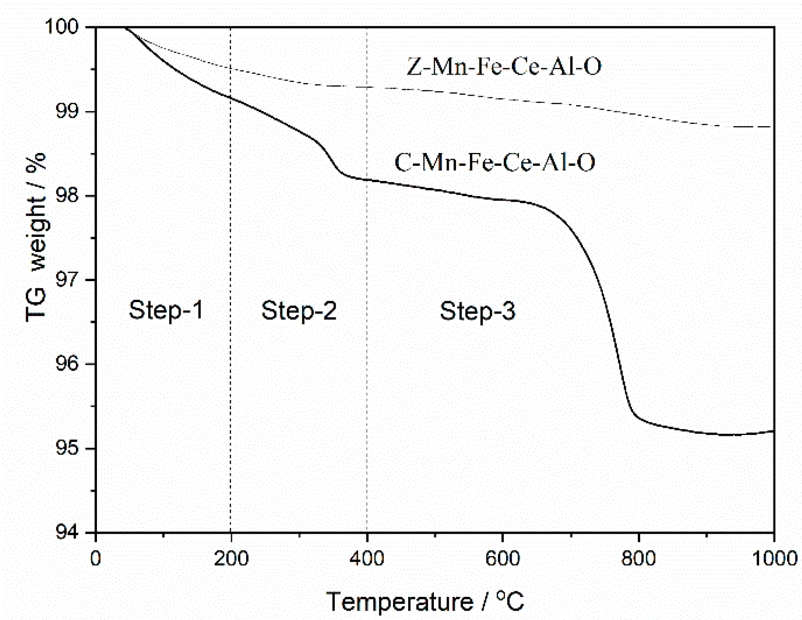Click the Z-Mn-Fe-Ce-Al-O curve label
[504, 67]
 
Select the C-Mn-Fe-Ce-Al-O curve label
[495, 162]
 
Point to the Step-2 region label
[299, 311]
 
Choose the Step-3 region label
[477, 311]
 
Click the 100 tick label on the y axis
[67, 27]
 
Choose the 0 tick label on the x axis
[96, 558]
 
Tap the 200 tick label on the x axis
[231, 558]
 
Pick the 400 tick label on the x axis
[367, 558]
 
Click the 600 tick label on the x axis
[503, 558]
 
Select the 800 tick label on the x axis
[638, 558]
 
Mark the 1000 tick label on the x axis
[774, 558]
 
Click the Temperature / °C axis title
[425, 602]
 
